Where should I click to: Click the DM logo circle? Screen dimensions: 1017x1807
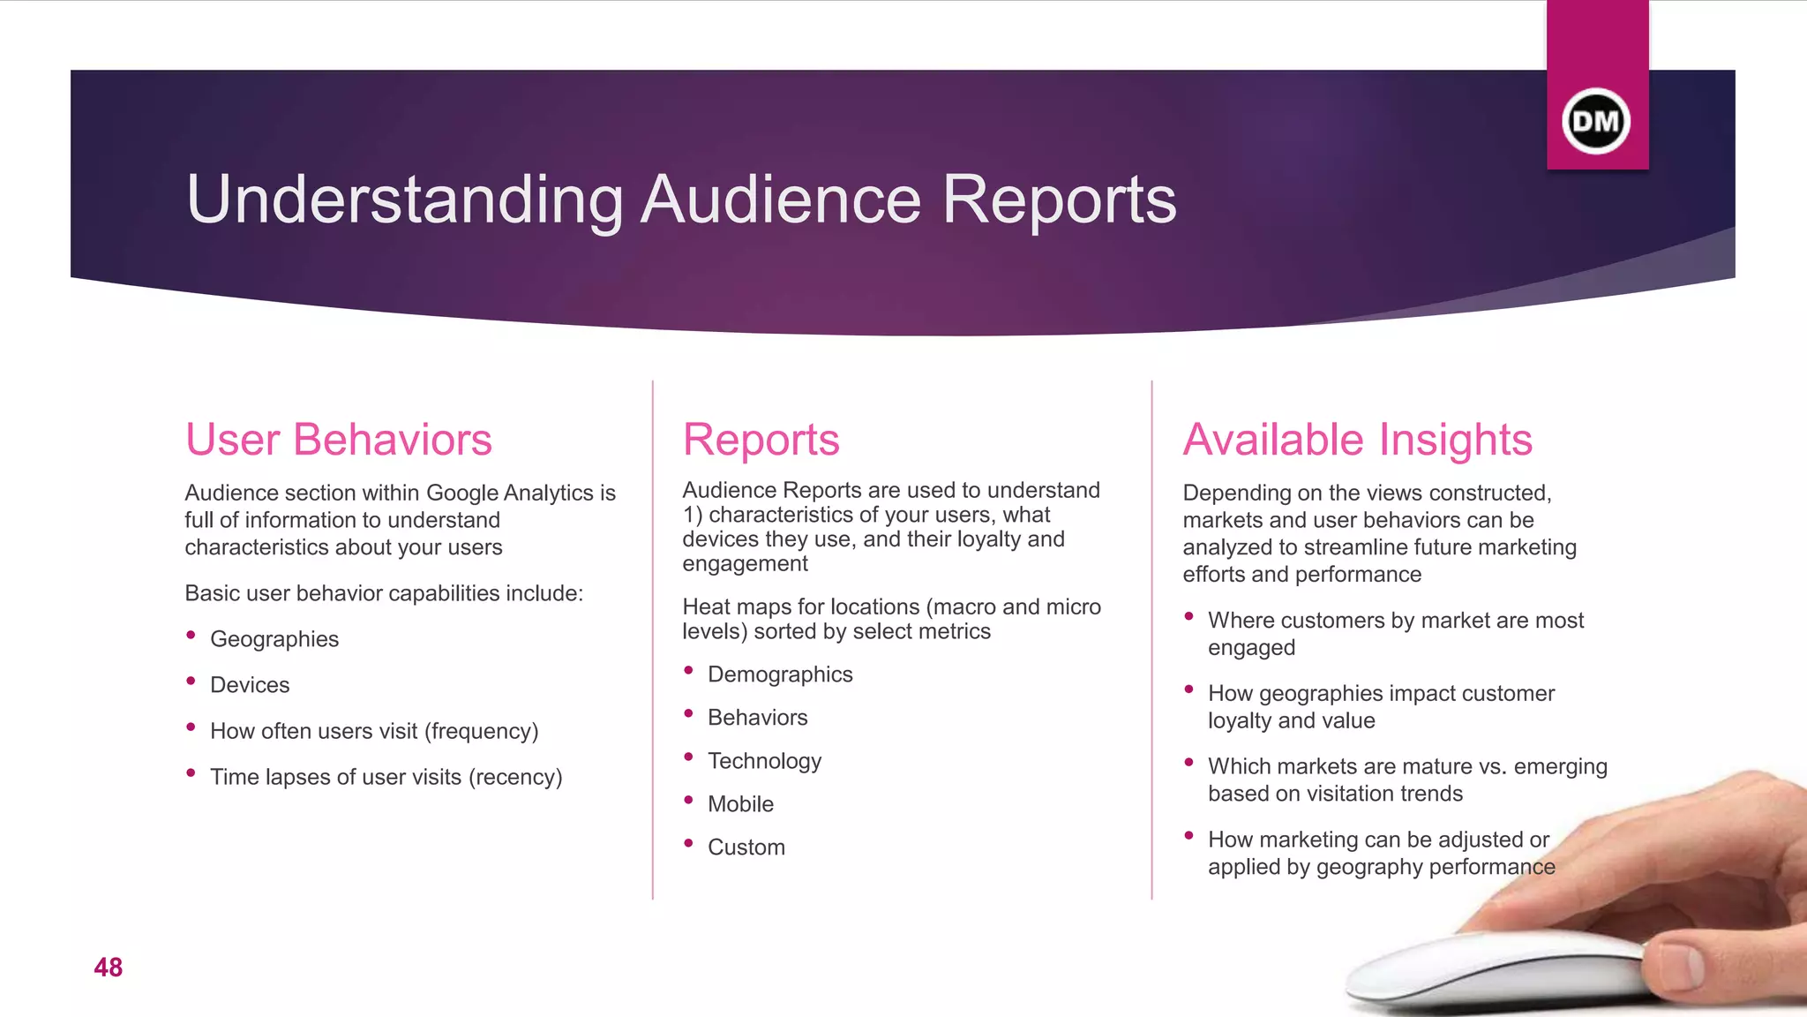pyautogui.click(x=1595, y=122)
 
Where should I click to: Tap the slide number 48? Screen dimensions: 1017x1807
pyautogui.click(x=109, y=968)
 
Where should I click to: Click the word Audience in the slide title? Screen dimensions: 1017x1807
pyautogui.click(x=781, y=200)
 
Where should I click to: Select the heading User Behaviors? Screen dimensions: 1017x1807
pyautogui.click(x=338, y=440)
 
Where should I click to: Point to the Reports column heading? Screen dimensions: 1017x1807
pyautogui.click(x=761, y=440)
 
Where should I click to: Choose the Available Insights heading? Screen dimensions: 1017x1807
pyautogui.click(x=1357, y=440)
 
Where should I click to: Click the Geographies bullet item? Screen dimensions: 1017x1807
pyautogui.click(x=274, y=639)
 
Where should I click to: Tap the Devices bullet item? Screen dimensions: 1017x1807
pyautogui.click(x=250, y=685)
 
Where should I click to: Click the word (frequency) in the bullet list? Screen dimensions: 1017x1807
pyautogui.click(x=481, y=731)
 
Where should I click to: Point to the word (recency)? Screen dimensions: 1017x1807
pyautogui.click(x=515, y=777)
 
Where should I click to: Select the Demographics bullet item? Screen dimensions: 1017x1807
pyautogui.click(x=780, y=674)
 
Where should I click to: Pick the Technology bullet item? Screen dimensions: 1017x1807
pyautogui.click(x=764, y=761)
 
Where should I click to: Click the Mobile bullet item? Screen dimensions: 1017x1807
pyautogui.click(x=740, y=804)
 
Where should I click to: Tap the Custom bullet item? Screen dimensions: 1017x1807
pyautogui.click(x=746, y=847)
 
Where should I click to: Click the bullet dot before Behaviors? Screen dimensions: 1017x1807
pyautogui.click(x=689, y=713)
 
